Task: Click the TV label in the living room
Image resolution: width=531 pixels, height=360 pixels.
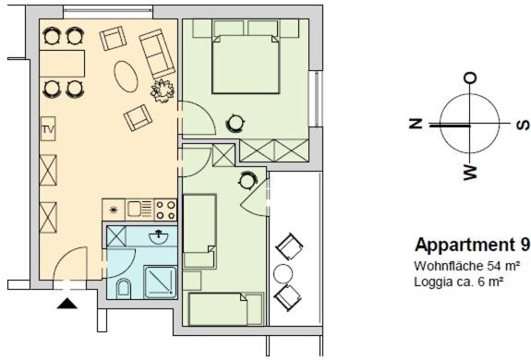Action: (48, 129)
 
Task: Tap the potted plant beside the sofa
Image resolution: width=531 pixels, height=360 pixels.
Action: (163, 90)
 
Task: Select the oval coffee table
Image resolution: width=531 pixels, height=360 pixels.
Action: (126, 76)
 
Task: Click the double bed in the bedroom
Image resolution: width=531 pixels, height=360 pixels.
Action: (246, 64)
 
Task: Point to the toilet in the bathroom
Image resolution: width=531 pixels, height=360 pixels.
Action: (124, 289)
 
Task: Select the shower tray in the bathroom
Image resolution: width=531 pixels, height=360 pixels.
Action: (161, 282)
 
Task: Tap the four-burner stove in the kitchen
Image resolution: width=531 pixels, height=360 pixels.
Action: (165, 210)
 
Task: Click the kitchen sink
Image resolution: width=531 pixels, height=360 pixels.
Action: (139, 210)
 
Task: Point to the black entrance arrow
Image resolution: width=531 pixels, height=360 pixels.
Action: (67, 304)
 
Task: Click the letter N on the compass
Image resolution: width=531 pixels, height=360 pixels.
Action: (416, 124)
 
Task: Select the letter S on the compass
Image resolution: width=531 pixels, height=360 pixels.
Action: (523, 125)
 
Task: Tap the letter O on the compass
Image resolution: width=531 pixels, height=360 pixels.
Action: (470, 78)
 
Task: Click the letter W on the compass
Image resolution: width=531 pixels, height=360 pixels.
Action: (470, 173)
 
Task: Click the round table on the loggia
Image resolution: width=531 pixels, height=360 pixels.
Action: (283, 274)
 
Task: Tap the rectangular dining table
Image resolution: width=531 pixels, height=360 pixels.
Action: (62, 64)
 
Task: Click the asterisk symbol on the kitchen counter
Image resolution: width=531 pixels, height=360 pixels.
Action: (114, 210)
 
